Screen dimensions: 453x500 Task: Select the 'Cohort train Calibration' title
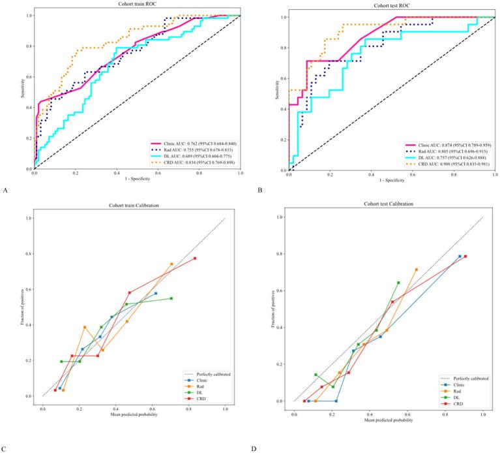click(x=133, y=208)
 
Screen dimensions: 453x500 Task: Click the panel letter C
click(x=5, y=448)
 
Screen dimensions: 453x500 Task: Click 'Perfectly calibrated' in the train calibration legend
click(x=207, y=373)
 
